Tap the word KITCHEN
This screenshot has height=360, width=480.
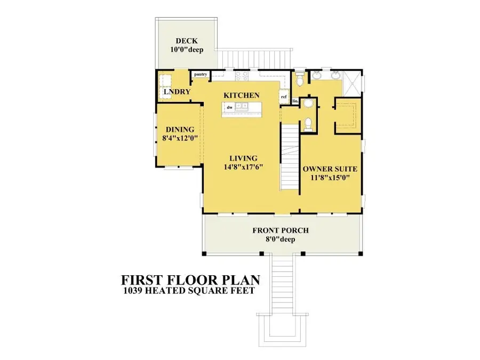pos(241,95)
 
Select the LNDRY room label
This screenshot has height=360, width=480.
pos(177,92)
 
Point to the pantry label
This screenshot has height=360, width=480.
pos(201,74)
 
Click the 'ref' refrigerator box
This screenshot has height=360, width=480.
pos(284,97)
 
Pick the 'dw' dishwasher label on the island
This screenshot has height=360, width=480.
pos(229,107)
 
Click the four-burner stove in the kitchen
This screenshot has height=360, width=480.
pos(241,76)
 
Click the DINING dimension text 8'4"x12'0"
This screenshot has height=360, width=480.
pos(179,138)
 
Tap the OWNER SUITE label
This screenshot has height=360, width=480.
pos(330,169)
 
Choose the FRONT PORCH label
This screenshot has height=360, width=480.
pos(282,230)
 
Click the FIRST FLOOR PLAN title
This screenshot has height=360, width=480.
pos(190,280)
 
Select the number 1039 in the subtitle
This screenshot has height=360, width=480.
pos(134,291)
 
